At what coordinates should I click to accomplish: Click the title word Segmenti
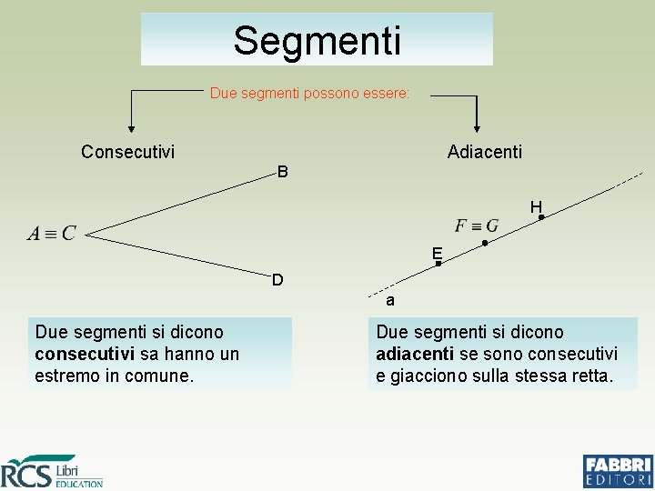coord(317,40)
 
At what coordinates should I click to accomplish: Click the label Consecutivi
coord(127,152)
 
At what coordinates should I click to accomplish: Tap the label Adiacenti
coord(485,152)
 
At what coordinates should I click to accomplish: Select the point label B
coord(282,172)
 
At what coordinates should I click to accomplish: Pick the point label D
coord(277,279)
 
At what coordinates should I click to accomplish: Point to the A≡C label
coord(52,234)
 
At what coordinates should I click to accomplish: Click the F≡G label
coord(477,225)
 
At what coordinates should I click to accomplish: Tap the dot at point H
coord(540,217)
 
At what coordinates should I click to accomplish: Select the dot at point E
coord(438,263)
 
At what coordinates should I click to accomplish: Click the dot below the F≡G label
coord(485,243)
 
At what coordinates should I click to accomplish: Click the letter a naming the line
coord(389,300)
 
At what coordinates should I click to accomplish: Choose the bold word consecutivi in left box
coord(85,354)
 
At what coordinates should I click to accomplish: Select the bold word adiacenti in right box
coord(414,354)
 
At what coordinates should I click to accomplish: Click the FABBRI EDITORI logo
coord(618,471)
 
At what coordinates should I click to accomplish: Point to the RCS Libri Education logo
coord(52,471)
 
